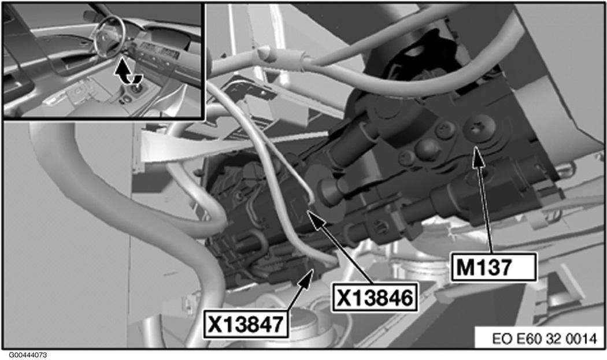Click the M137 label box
[494, 267]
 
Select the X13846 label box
[374, 297]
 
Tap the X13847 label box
[246, 324]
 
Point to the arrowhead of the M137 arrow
[479, 155]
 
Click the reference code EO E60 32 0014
[545, 339]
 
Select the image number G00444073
[28, 355]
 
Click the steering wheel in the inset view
[110, 38]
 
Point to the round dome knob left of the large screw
[428, 148]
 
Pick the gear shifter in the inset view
[136, 88]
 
